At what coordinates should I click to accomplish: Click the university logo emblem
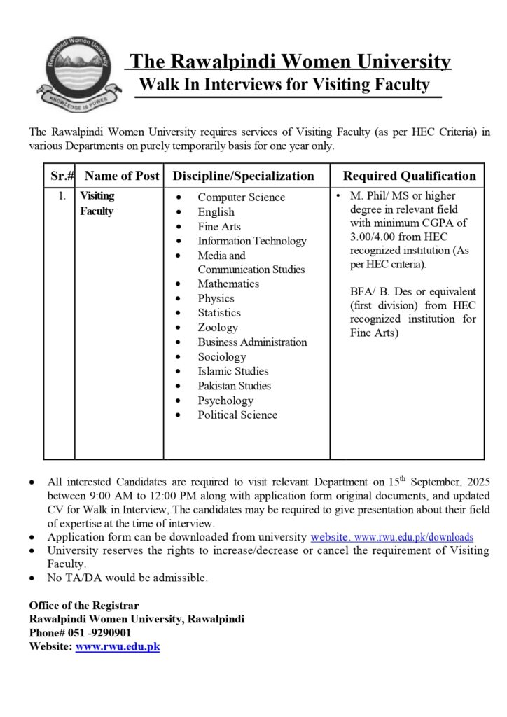77,74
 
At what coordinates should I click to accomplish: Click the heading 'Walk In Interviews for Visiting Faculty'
284,85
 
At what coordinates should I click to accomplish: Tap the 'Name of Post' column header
122,176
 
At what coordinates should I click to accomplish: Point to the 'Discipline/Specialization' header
244,176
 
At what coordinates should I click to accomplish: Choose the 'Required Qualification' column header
409,176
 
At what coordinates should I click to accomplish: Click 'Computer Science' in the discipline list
241,197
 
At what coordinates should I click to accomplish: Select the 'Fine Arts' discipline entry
218,227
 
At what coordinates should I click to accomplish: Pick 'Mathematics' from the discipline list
228,284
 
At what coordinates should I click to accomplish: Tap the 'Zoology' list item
218,328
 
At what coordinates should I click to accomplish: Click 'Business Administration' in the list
252,342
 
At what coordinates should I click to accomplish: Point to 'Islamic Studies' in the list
232,371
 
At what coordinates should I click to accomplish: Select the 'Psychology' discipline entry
225,401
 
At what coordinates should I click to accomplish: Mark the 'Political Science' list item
237,415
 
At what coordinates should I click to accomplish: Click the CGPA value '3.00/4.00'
374,237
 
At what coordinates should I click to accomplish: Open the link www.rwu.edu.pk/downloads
415,538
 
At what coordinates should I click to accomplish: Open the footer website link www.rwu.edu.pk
118,647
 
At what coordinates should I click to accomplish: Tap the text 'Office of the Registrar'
84,606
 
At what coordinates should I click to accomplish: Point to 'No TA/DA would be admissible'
127,578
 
